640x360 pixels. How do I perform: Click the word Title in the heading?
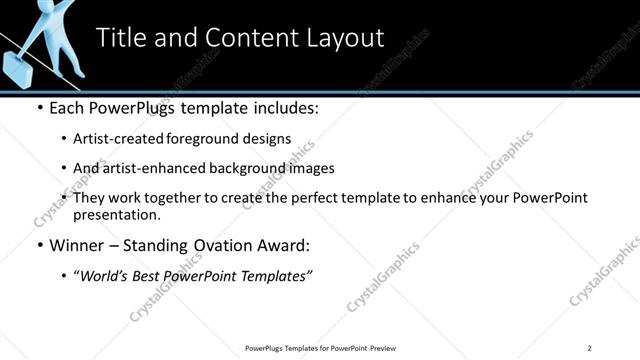[x=121, y=38]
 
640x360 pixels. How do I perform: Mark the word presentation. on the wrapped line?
[x=116, y=214]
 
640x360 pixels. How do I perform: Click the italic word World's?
[x=105, y=275]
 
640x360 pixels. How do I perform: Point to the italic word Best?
[x=150, y=275]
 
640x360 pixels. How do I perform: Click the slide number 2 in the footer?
[x=589, y=348]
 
